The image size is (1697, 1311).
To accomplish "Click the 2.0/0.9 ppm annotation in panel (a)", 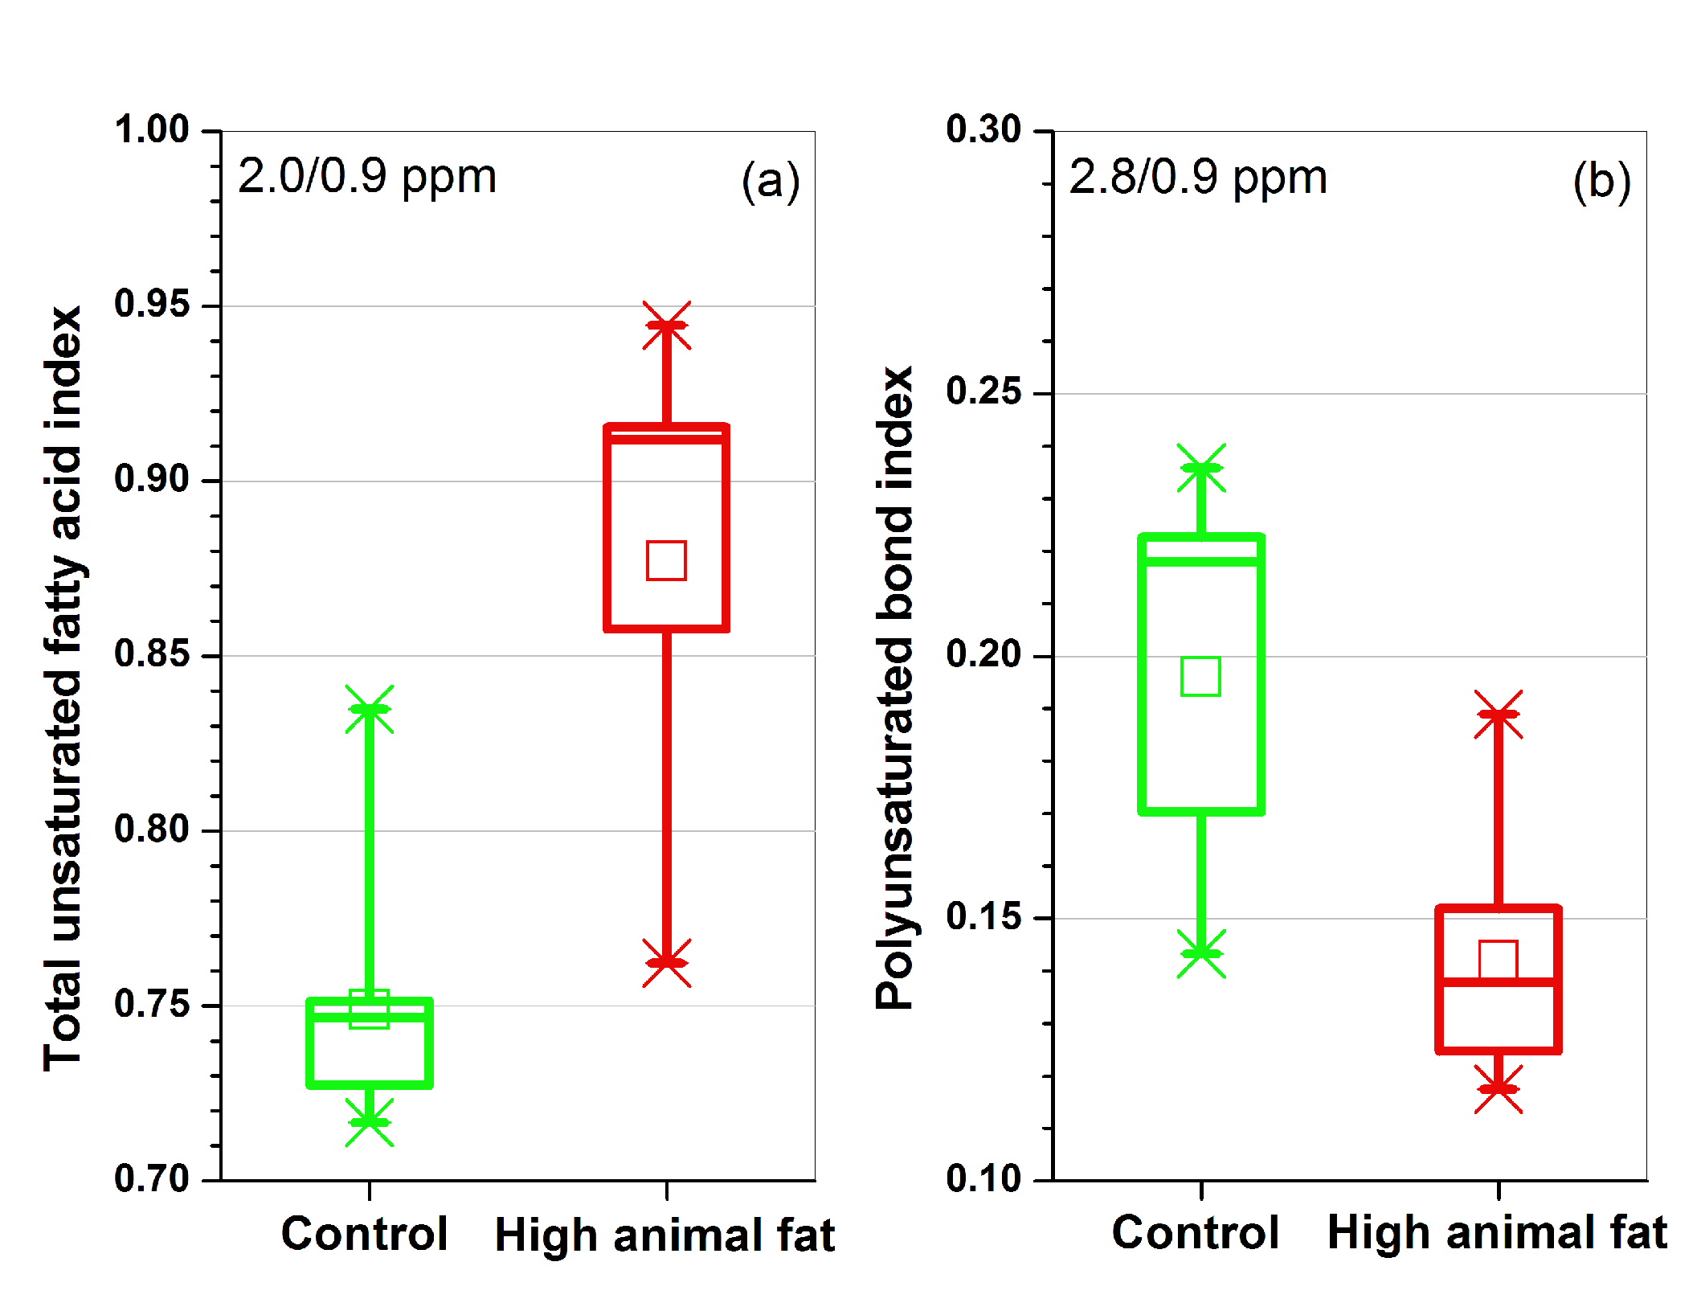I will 367,177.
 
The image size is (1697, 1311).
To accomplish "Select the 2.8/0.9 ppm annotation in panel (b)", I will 1198,178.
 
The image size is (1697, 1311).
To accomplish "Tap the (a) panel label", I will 770,181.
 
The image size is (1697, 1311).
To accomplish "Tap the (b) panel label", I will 1601,181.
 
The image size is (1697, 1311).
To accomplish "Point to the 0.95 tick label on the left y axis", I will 152,305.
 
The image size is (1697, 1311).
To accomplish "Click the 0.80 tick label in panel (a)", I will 152,830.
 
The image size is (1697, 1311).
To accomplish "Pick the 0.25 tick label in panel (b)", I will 983,392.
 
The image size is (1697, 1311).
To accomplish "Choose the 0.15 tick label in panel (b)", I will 983,917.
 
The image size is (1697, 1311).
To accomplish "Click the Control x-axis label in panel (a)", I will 364,1234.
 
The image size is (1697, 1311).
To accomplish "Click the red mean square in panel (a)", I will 666,560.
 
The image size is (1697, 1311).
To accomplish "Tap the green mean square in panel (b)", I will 1200,676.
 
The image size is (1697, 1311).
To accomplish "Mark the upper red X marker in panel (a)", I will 666,326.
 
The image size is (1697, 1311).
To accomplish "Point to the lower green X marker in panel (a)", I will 369,1122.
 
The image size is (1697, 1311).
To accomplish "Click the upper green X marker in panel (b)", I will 1201,468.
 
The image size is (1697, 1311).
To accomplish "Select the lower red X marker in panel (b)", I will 1498,1089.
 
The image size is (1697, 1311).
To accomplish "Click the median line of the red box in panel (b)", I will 1498,981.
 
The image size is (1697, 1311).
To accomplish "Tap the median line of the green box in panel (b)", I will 1201,561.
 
